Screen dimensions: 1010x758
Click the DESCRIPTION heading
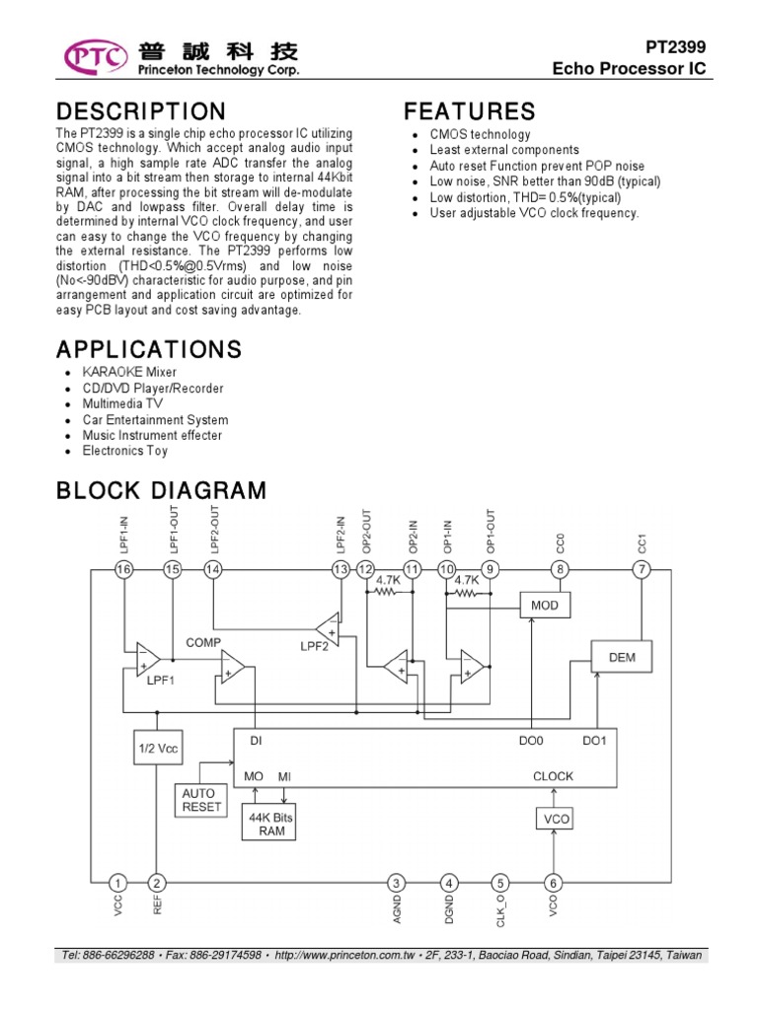coord(141,111)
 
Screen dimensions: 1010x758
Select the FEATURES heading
coord(470,111)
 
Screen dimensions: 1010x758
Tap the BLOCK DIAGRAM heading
coord(161,490)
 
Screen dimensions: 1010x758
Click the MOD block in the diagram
coord(545,605)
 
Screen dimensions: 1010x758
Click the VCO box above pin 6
coord(553,818)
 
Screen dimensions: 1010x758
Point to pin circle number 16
coord(123,569)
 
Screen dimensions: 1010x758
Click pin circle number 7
coord(643,569)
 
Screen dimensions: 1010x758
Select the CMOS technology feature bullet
coord(480,134)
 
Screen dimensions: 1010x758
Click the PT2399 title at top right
coord(677,47)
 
